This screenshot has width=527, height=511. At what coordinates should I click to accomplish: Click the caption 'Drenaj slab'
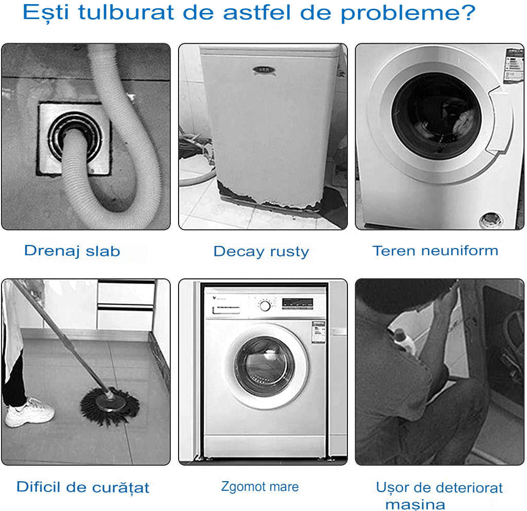(x=72, y=251)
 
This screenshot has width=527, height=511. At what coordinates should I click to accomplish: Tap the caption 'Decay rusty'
(x=261, y=252)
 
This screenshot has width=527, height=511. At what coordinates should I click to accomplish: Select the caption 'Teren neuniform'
(x=435, y=251)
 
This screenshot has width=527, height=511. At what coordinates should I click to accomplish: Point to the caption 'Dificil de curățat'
(x=83, y=487)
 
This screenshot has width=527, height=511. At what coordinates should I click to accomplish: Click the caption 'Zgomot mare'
(x=260, y=487)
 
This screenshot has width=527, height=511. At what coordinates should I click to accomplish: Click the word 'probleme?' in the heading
(x=408, y=13)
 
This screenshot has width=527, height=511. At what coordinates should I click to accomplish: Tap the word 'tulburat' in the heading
(x=126, y=12)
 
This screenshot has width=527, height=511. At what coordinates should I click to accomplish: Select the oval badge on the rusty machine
(x=264, y=70)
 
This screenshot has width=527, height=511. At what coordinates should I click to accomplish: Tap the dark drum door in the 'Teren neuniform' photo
(x=436, y=116)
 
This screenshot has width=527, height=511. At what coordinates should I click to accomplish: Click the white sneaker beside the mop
(x=29, y=412)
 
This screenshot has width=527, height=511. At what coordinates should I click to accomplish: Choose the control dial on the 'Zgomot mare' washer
(x=265, y=306)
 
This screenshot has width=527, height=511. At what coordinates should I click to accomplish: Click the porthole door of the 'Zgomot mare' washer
(x=265, y=366)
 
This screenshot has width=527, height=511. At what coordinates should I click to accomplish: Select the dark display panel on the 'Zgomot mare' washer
(x=297, y=304)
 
